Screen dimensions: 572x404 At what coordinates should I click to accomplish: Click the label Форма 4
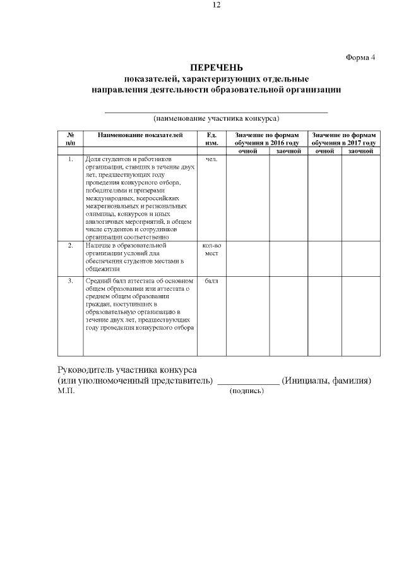click(360, 57)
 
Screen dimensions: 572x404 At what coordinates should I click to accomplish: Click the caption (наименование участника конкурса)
click(217, 118)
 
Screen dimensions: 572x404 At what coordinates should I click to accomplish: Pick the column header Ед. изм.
click(211, 138)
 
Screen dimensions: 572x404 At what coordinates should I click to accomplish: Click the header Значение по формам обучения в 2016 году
click(266, 138)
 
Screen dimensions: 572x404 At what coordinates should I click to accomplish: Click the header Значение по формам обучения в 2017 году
click(343, 138)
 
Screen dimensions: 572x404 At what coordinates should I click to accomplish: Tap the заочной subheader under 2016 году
click(288, 151)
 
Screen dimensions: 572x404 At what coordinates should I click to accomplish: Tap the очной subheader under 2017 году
click(324, 151)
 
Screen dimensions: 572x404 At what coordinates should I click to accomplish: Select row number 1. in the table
click(71, 159)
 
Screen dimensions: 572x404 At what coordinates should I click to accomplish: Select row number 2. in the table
click(71, 245)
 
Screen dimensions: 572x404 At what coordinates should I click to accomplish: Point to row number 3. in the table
click(71, 280)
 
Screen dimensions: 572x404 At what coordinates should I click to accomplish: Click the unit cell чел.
click(211, 159)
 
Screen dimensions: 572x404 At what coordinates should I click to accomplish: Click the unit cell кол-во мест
click(211, 248)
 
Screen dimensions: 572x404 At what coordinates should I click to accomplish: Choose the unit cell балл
click(211, 280)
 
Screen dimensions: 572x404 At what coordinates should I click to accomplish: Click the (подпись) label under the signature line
click(247, 391)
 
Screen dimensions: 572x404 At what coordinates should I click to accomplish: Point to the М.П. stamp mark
click(66, 391)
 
